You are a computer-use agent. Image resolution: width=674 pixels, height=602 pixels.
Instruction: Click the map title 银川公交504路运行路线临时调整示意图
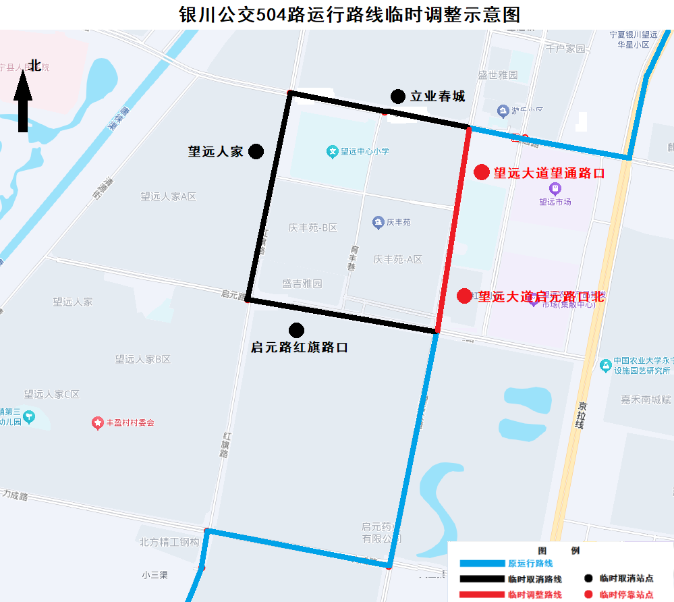349,14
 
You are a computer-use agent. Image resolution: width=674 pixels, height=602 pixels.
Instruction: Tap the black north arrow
23,102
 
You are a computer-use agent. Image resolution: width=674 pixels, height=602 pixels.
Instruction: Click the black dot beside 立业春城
398,97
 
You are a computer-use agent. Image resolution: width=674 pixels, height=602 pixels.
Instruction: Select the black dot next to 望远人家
256,151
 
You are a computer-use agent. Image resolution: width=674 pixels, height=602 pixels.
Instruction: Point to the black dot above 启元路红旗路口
296,330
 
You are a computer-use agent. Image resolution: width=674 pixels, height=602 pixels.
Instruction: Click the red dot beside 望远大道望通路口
481,172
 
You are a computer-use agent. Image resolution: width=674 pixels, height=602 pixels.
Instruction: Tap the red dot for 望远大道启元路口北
464,296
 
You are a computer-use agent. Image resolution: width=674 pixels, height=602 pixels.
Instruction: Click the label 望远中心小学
364,151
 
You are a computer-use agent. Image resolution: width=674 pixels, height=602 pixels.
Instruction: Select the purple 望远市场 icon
555,188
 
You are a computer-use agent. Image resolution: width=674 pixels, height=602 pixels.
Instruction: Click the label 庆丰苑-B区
312,227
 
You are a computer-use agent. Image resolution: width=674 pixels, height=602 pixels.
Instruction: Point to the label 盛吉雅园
302,283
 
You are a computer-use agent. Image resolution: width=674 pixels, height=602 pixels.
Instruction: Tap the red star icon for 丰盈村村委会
97,422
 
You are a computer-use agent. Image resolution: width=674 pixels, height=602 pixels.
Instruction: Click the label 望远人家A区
168,196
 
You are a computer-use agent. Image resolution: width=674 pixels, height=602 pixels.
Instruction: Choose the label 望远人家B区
142,359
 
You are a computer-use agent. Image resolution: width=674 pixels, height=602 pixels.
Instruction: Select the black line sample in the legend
482,579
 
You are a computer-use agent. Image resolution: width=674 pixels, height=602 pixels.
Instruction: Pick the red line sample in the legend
482,595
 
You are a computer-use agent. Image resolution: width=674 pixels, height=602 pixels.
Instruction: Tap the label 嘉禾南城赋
646,400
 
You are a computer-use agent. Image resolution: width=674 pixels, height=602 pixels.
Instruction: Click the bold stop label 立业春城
438,97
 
